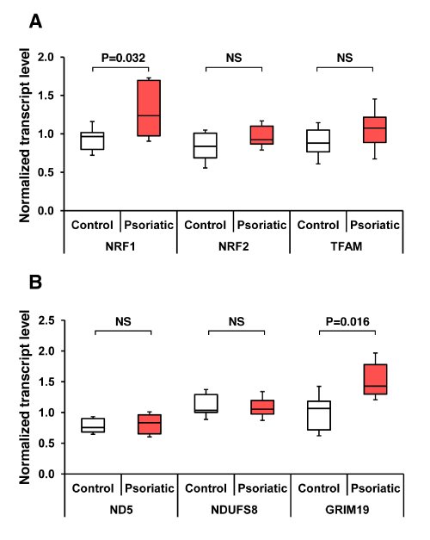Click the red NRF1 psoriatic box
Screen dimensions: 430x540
point(149,109)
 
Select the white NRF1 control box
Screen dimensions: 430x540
point(92,140)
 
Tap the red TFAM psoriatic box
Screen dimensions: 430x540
point(375,129)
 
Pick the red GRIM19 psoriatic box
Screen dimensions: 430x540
point(375,379)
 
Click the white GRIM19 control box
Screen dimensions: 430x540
point(319,415)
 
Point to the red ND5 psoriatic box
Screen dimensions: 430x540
point(150,425)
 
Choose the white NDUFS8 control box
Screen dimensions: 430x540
point(206,403)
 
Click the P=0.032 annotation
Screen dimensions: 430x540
point(123,58)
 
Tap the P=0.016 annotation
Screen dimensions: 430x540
point(347,321)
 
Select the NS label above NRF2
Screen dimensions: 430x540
point(234,58)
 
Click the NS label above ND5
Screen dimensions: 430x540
point(123,321)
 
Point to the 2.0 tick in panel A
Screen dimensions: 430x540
point(46,57)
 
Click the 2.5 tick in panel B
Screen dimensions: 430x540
point(46,320)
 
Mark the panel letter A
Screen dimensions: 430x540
point(35,22)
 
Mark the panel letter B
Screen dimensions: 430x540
point(35,282)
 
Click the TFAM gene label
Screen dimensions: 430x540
point(347,246)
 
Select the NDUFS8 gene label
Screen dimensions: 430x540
point(234,510)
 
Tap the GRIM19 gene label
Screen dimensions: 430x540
point(347,510)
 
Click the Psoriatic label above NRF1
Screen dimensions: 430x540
point(149,225)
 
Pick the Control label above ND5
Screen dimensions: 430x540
point(93,488)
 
